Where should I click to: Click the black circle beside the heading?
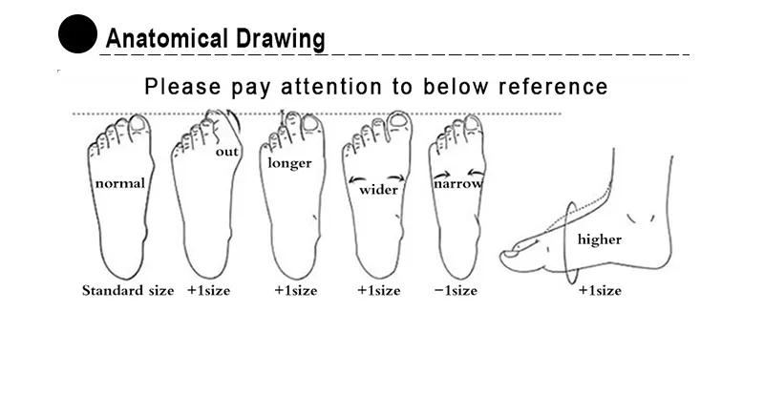pyautogui.click(x=77, y=33)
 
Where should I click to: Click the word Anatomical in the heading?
pyautogui.click(x=166, y=38)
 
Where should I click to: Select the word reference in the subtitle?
pyautogui.click(x=553, y=87)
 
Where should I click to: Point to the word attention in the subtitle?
pyautogui.click(x=331, y=87)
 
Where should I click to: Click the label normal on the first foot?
pyautogui.click(x=120, y=183)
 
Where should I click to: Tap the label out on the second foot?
pyautogui.click(x=227, y=152)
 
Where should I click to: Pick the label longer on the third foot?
pyautogui.click(x=290, y=163)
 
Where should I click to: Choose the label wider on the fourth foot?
pyautogui.click(x=378, y=190)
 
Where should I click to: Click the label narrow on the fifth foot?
pyautogui.click(x=458, y=183)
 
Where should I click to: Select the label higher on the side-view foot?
pyautogui.click(x=600, y=239)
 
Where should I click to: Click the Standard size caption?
pyautogui.click(x=128, y=290)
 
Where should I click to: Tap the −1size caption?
pyautogui.click(x=456, y=291)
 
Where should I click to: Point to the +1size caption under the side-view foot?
pyautogui.click(x=600, y=291)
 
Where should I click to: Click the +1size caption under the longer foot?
pyautogui.click(x=296, y=291)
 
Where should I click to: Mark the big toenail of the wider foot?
pyautogui.click(x=399, y=120)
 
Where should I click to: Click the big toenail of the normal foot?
pyautogui.click(x=138, y=123)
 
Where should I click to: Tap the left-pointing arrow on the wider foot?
pyautogui.click(x=357, y=179)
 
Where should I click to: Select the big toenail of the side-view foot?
pyautogui.click(x=510, y=253)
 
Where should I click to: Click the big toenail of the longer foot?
pyautogui.click(x=310, y=123)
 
